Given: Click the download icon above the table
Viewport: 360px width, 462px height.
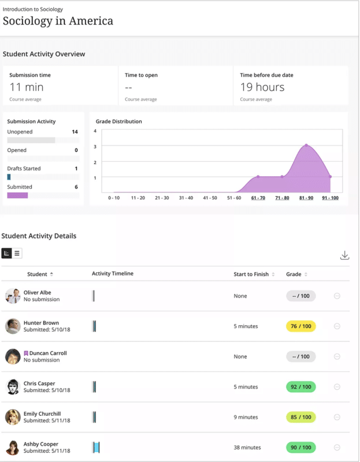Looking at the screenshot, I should point(344,255).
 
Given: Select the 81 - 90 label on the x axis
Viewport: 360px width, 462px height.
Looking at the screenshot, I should point(306,198).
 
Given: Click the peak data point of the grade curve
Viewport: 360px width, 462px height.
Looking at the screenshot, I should point(306,145).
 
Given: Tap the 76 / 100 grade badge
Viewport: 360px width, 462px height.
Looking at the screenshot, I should point(300,326).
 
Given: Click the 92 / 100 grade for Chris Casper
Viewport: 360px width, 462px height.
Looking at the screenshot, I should point(300,387).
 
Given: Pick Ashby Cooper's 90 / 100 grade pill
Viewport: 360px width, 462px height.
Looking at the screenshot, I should point(300,447).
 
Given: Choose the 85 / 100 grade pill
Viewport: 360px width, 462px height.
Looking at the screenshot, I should point(300,417).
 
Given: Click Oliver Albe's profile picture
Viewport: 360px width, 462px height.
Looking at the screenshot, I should point(13,296).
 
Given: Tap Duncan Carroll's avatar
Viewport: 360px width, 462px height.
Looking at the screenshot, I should point(13,356).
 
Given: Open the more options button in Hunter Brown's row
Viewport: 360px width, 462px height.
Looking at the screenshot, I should point(337,326).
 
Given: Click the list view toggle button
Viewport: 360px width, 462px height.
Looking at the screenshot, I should point(17,253).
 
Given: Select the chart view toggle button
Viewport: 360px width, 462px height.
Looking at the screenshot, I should point(7,253).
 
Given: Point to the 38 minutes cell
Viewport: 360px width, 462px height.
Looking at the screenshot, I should point(247,447).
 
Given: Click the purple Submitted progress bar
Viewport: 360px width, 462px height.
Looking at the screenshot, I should point(17,195).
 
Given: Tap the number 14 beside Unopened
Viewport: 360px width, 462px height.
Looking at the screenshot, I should point(75,132).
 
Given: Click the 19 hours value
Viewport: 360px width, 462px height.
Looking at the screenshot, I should point(262,87).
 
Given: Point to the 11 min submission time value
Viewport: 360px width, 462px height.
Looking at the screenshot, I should point(27,87).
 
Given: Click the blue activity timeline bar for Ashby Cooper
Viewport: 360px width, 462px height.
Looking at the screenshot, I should point(96,447).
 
